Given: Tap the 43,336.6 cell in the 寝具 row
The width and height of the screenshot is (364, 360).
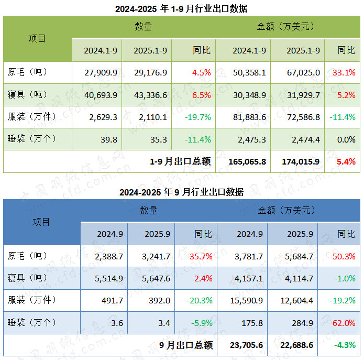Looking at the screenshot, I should click(150, 95).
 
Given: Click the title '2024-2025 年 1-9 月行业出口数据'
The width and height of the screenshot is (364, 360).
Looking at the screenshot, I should click(181, 9).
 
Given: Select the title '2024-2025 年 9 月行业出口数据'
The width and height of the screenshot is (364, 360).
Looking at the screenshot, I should click(181, 192).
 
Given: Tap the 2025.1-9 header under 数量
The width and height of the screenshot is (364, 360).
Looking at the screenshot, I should click(150, 50).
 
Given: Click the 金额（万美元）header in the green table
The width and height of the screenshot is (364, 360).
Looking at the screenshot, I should click(285, 26).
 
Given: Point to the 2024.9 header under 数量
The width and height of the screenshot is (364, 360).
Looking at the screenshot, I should click(110, 234).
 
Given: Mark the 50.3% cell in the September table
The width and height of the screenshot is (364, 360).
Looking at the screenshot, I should click(344, 256).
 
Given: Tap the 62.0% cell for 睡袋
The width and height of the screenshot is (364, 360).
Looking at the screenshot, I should click(344, 323).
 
